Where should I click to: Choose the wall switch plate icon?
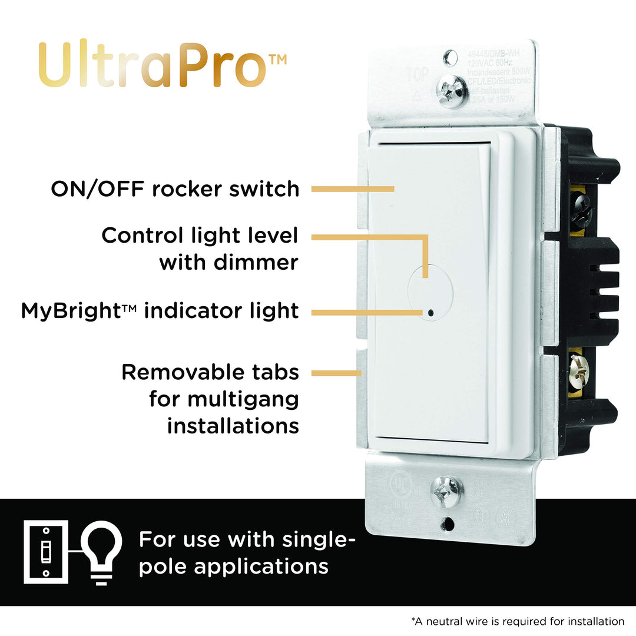click(45, 552)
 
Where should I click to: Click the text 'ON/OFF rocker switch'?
click(175, 189)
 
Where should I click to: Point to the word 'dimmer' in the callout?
click(257, 262)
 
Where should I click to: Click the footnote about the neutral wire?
click(518, 621)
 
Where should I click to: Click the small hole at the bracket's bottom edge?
click(449, 522)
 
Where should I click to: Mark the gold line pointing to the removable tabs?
click(335, 373)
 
